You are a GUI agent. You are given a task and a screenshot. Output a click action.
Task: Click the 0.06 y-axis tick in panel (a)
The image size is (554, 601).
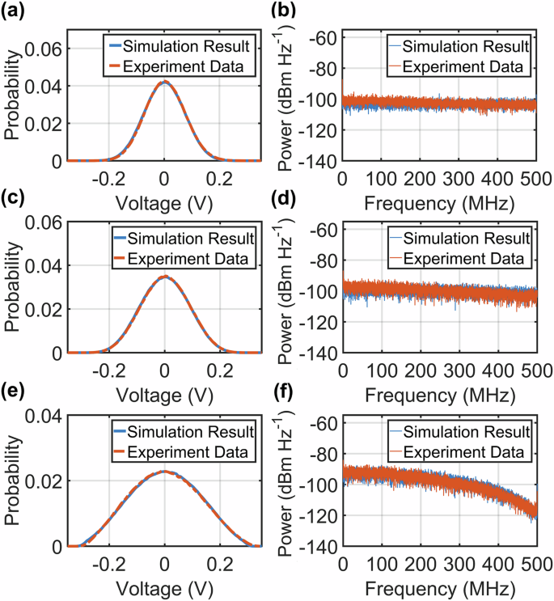(x=44, y=49)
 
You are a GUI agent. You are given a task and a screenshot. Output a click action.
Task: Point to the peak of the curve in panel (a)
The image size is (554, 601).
(x=164, y=82)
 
